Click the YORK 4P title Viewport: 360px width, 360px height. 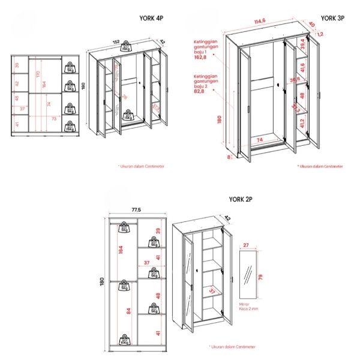[x=151, y=19]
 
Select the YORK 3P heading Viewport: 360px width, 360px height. [x=332, y=19]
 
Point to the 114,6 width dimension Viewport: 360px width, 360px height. [x=259, y=22]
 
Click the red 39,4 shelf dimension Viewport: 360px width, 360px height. [x=302, y=45]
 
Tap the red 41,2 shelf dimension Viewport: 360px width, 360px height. [x=302, y=124]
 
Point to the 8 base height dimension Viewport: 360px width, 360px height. [x=229, y=157]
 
